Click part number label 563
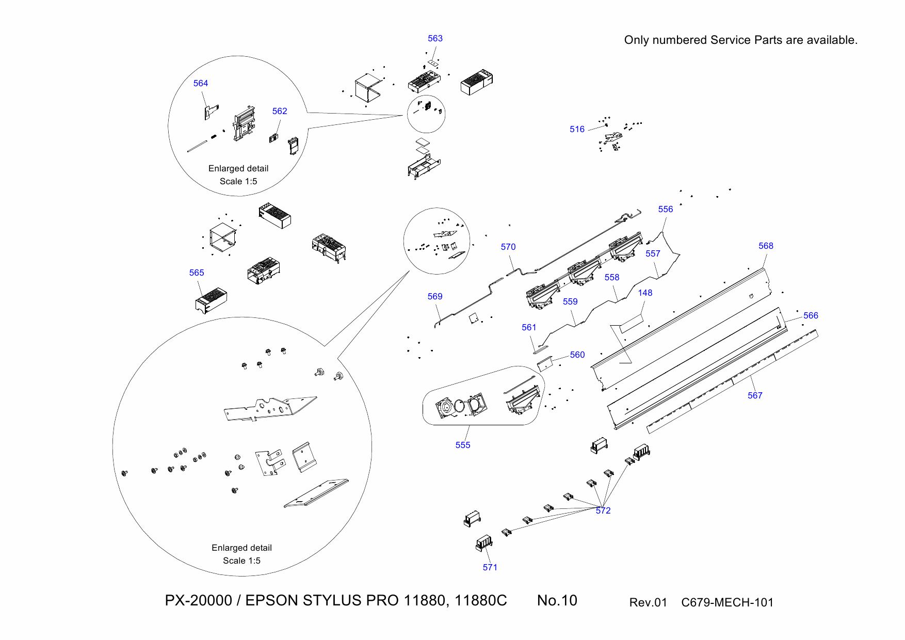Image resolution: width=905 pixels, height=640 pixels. pyautogui.click(x=435, y=39)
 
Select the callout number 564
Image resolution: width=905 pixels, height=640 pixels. pyautogui.click(x=201, y=84)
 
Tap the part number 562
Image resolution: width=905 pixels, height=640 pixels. pyautogui.click(x=280, y=111)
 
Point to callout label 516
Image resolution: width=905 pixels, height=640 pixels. pyautogui.click(x=577, y=130)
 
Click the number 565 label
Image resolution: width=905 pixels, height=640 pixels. pyautogui.click(x=197, y=273)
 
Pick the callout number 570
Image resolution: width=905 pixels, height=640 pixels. pyautogui.click(x=508, y=247)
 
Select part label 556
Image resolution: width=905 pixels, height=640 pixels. pyautogui.click(x=666, y=210)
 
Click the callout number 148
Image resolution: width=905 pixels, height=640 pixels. pyautogui.click(x=645, y=293)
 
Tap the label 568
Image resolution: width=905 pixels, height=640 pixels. pyautogui.click(x=766, y=246)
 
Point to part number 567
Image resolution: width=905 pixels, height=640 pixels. pyautogui.click(x=755, y=396)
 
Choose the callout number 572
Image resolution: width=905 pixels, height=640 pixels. pyautogui.click(x=603, y=511)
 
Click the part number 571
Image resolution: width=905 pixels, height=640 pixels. pyautogui.click(x=490, y=568)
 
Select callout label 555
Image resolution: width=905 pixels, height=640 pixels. pyautogui.click(x=463, y=445)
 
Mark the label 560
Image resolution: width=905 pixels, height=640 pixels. pyautogui.click(x=577, y=355)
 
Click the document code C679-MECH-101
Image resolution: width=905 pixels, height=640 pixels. pyautogui.click(x=727, y=603)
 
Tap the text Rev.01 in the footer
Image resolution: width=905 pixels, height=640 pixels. pyautogui.click(x=648, y=603)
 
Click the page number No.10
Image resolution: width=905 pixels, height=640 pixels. pyautogui.click(x=557, y=601)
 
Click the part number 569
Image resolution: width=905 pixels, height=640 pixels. pyautogui.click(x=435, y=297)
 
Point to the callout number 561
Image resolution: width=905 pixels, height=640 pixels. pyautogui.click(x=529, y=328)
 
